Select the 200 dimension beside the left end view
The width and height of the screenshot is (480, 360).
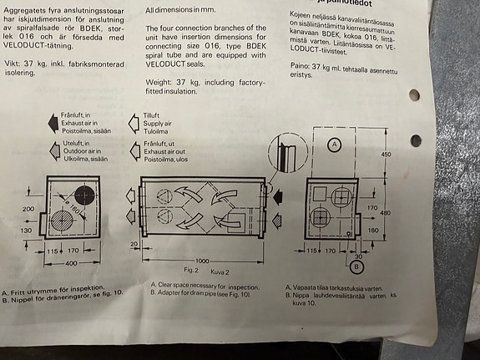[28, 209]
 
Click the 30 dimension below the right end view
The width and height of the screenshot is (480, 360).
[361, 256]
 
